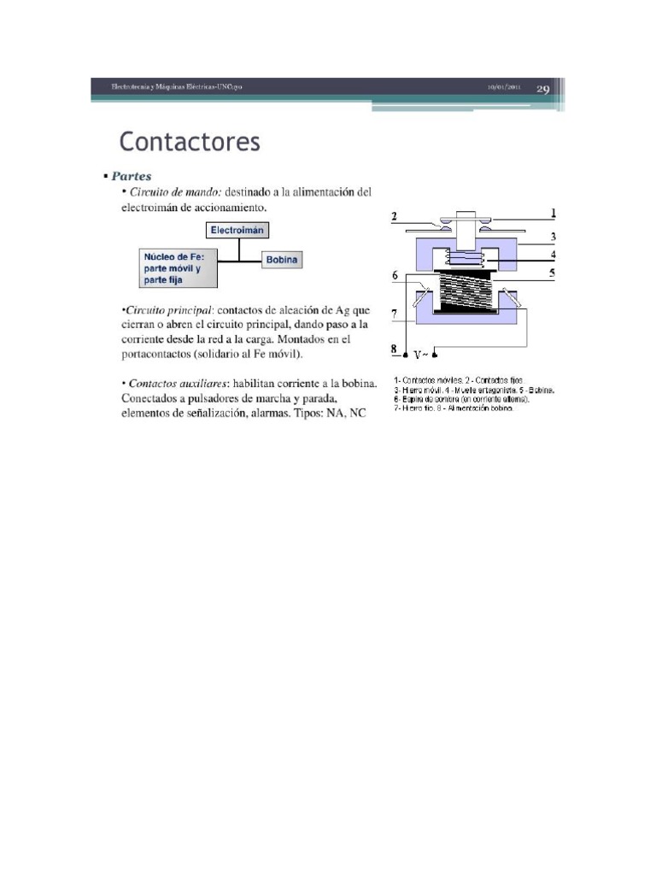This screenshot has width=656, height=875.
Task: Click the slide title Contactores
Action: tap(189, 142)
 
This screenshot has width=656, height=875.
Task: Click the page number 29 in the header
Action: tap(543, 89)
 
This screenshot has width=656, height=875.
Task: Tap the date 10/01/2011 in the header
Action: tap(505, 88)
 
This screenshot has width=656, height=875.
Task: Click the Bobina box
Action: tap(282, 259)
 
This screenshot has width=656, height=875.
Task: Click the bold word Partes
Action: tap(132, 176)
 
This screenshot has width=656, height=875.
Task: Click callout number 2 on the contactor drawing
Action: tap(395, 216)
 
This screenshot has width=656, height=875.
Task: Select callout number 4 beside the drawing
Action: tap(553, 254)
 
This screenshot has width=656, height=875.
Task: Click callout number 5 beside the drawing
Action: tap(553, 273)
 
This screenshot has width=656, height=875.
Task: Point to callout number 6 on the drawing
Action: tap(395, 275)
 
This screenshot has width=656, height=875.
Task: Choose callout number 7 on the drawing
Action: tap(395, 314)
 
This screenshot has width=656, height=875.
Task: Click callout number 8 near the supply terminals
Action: tap(395, 349)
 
